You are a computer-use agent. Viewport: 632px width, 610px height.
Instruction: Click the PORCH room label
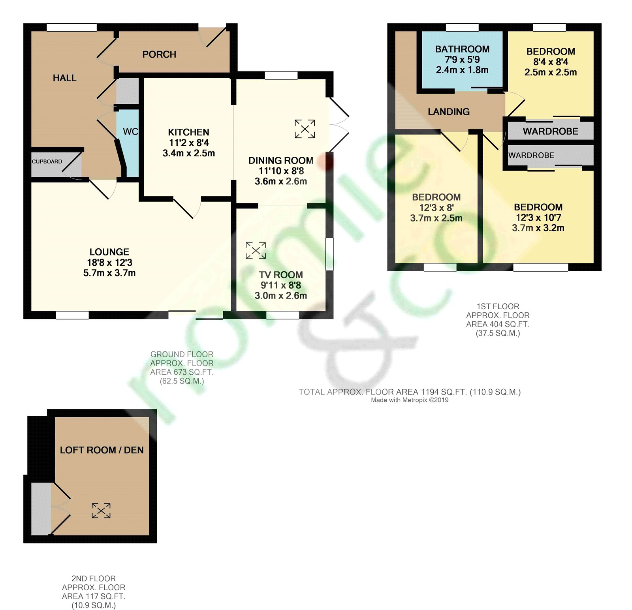pyautogui.click(x=159, y=54)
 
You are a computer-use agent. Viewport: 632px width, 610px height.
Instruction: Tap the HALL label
pyautogui.click(x=65, y=78)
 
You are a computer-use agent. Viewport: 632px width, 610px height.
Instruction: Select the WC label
pyautogui.click(x=131, y=131)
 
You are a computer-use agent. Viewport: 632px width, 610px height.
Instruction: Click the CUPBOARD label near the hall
pyautogui.click(x=47, y=161)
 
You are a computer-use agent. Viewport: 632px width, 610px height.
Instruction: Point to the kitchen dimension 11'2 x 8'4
pyautogui.click(x=189, y=143)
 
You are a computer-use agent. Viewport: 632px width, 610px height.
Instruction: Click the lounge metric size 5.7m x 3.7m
pyautogui.click(x=109, y=273)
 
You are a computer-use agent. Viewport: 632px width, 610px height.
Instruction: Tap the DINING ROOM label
pyautogui.click(x=281, y=160)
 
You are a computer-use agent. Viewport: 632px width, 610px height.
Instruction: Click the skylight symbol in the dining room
pyautogui.click(x=305, y=129)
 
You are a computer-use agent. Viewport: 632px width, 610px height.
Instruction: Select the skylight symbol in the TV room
pyautogui.click(x=256, y=250)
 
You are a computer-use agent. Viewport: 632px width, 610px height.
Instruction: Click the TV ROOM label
pyautogui.click(x=281, y=275)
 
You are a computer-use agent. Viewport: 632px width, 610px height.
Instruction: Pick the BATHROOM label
pyautogui.click(x=462, y=49)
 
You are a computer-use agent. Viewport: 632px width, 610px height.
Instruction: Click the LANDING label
pyautogui.click(x=449, y=112)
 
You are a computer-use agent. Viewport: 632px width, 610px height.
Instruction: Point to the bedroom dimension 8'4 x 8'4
pyautogui.click(x=551, y=62)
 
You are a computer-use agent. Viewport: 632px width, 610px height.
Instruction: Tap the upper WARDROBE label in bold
pyautogui.click(x=551, y=131)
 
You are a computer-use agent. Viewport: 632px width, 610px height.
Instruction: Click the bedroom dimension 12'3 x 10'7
pyautogui.click(x=538, y=218)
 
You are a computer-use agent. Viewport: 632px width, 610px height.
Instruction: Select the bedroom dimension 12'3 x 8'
pyautogui.click(x=436, y=208)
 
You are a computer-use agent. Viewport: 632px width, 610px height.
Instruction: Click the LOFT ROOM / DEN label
pyautogui.click(x=102, y=450)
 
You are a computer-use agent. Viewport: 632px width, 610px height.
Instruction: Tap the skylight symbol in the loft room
pyautogui.click(x=101, y=511)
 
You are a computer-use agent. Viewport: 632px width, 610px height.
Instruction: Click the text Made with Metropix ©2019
pyautogui.click(x=410, y=400)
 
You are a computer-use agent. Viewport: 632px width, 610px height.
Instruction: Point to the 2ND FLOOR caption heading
pyautogui.click(x=94, y=578)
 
